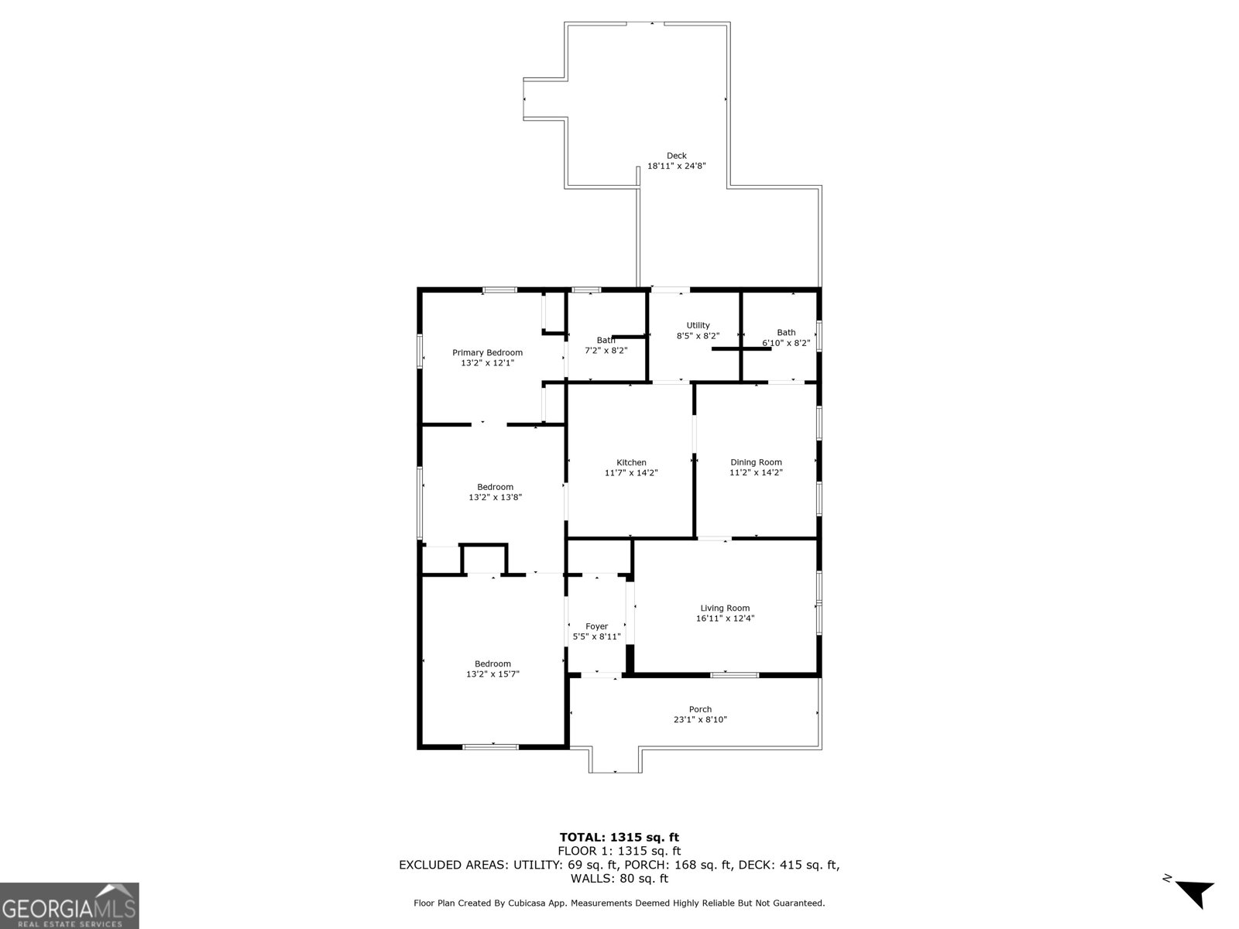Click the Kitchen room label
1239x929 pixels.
[x=631, y=462]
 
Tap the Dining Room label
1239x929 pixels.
[x=756, y=462]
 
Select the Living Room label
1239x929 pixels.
[x=725, y=608]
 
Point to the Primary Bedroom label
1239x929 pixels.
[x=487, y=353]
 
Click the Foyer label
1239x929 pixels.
[x=596, y=626]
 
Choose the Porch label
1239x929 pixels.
[x=700, y=709]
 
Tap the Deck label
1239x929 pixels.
[x=676, y=156]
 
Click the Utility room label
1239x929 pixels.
[x=698, y=326]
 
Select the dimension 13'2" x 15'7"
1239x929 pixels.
[x=493, y=674]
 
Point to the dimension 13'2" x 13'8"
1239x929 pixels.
[x=495, y=498]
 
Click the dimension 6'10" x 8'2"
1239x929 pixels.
[x=786, y=343]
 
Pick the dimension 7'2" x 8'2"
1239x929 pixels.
[x=606, y=350]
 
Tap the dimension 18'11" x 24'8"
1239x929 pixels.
[x=676, y=166]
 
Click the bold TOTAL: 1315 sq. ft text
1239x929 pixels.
[x=619, y=837]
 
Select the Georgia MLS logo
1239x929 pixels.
[x=69, y=905]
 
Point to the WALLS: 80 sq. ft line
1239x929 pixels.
[x=619, y=879]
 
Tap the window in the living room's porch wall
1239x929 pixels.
[x=734, y=675]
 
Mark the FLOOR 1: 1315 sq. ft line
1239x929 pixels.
[x=619, y=851]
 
